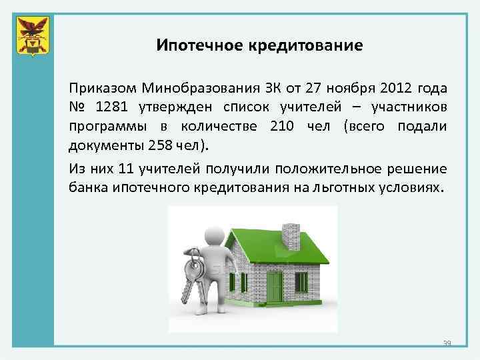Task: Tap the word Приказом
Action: coord(101,89)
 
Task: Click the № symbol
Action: coord(77,107)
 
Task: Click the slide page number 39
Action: coord(447,343)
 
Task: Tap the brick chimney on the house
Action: coord(291,235)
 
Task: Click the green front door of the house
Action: coord(274,285)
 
